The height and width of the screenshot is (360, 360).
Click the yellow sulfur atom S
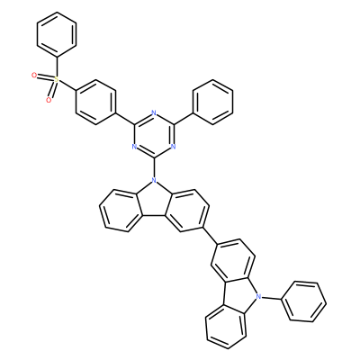57,79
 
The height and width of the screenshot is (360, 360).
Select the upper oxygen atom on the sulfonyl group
34,75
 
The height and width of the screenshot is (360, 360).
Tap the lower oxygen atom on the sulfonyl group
49,100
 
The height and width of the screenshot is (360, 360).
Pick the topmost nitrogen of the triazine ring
154,113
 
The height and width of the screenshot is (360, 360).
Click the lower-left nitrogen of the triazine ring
134,147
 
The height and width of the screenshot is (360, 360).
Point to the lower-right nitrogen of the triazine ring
173,147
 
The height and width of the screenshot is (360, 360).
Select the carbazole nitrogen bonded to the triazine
154,180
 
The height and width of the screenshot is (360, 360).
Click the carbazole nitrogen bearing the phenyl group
257,296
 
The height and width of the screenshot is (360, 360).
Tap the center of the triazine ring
154,136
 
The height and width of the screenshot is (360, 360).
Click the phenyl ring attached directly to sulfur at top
57,34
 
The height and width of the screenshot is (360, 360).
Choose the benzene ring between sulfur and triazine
95,102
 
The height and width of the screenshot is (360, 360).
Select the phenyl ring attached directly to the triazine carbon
212,102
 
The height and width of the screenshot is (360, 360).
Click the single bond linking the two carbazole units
211,235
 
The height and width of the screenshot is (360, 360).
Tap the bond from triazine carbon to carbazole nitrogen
154,167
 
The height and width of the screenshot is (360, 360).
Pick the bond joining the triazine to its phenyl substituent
183,119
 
